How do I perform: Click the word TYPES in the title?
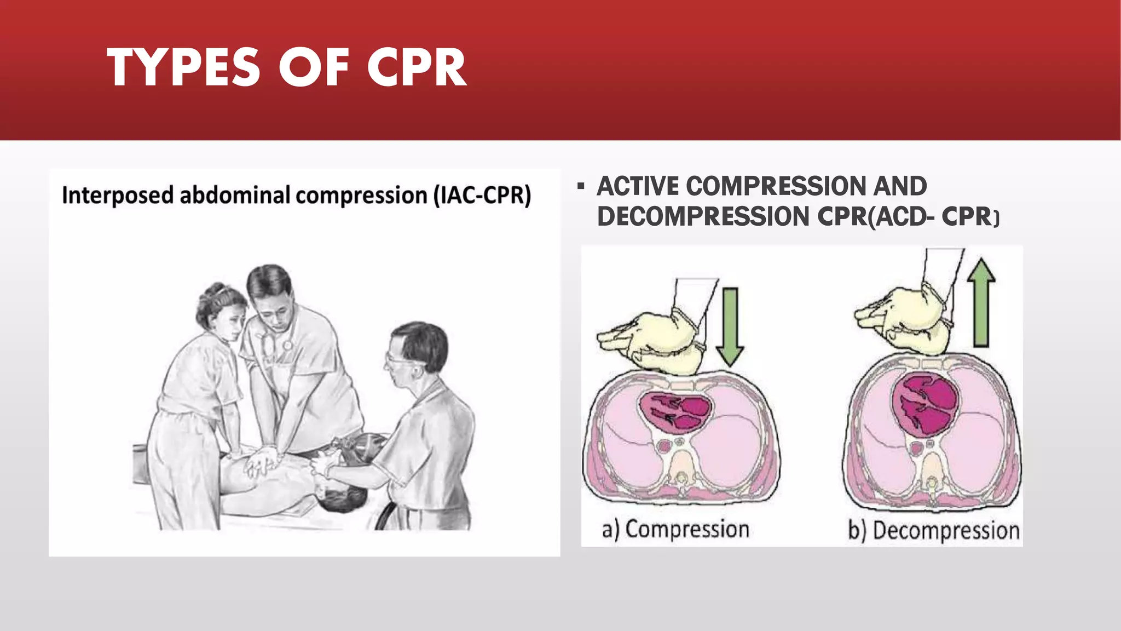[183, 68]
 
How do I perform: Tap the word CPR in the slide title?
[416, 68]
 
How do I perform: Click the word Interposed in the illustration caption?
[118, 196]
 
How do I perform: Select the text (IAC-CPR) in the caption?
[482, 196]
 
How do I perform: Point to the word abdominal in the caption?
[235, 196]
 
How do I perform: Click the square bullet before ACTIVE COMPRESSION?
[581, 187]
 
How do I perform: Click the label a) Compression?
[675, 530]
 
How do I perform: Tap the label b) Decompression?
[933, 531]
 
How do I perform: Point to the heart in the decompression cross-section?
[926, 404]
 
